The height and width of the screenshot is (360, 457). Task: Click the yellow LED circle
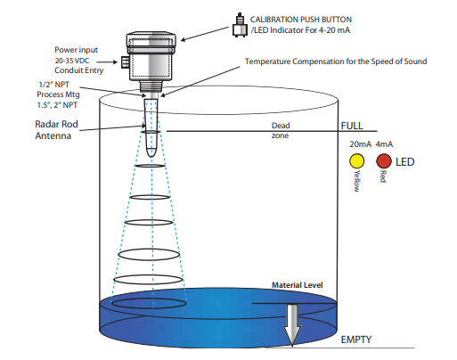point(356,161)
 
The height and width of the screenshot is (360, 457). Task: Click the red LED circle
point(384,161)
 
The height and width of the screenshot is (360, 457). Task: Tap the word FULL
point(352,126)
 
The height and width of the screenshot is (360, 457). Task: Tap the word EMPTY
point(356,340)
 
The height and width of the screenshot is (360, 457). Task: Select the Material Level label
point(298,285)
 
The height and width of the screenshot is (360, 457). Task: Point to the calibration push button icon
point(240,25)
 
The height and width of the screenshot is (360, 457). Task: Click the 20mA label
point(360,144)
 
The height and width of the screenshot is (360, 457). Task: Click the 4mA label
point(384,144)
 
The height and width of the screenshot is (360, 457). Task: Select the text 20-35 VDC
point(72,61)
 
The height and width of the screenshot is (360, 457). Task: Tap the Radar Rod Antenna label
point(56,130)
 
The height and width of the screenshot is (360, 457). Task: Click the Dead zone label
point(281,130)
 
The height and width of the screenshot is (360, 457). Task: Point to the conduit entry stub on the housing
point(125,62)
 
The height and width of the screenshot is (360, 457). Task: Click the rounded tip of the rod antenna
point(151,154)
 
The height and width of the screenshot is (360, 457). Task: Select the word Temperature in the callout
point(267,61)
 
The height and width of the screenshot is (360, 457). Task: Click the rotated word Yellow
point(356,181)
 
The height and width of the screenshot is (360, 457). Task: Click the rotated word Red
point(383,176)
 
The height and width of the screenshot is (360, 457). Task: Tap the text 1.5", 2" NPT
point(57,105)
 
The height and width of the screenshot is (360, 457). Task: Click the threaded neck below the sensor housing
point(151,86)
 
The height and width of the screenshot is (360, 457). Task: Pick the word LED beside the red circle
point(405,162)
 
